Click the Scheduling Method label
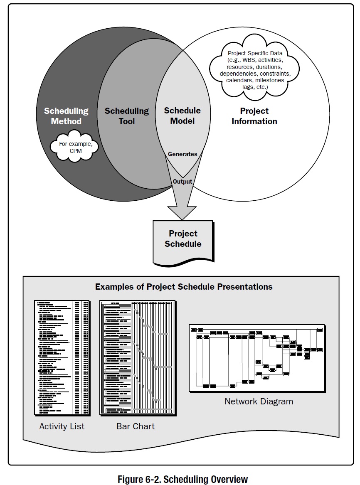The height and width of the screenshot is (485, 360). pos(66,116)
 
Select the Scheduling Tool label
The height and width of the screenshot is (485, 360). pos(126,116)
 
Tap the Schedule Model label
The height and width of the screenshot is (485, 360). pos(182,116)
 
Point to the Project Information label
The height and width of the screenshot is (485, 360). pos(254,116)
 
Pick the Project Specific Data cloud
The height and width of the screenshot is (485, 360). pos(255,70)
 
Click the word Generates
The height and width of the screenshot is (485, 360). pos(182,154)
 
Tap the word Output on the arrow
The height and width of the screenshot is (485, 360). pos(182,182)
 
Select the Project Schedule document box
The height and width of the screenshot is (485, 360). pos(183,239)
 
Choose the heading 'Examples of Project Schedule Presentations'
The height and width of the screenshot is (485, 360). pos(184,287)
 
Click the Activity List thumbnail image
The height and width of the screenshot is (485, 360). pos(62,357)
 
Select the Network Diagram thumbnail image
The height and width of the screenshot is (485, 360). pos(256,357)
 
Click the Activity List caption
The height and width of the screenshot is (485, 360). pos(62,426)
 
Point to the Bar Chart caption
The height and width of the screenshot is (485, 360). pos(136,426)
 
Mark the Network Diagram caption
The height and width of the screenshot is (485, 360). pos(259,401)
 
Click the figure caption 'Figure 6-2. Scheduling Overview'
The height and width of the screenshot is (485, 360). pos(182,479)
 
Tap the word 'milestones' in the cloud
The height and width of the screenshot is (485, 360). pos(273,80)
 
